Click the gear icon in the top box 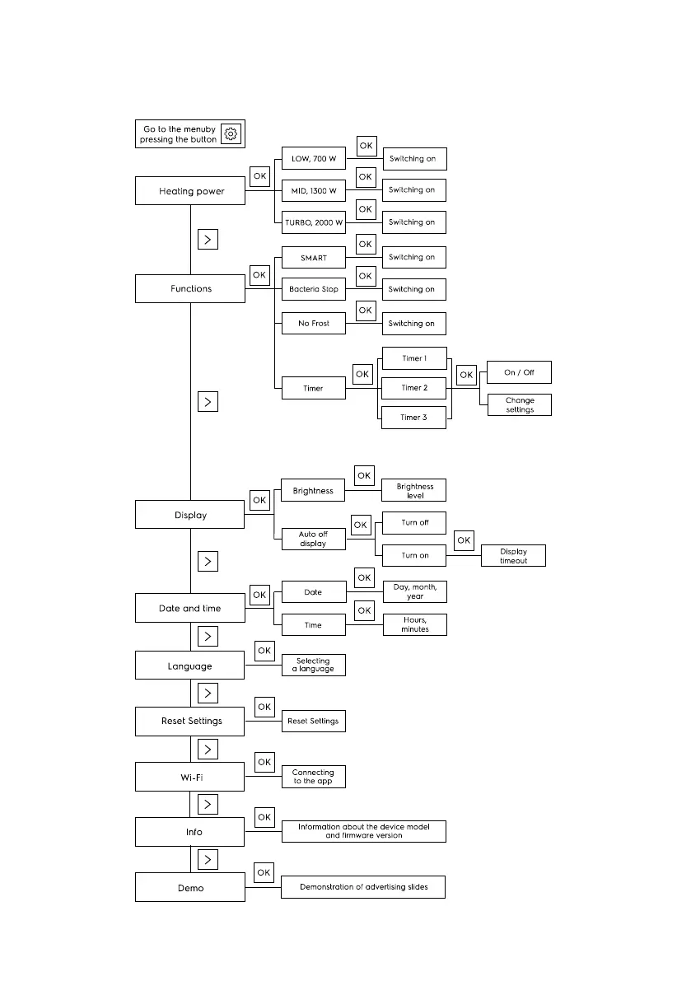click(x=231, y=134)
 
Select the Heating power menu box click(x=190, y=191)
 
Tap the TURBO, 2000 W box click(x=313, y=222)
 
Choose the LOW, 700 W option click(x=313, y=158)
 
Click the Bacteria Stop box click(x=313, y=290)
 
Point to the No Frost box click(x=313, y=324)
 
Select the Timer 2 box click(x=414, y=388)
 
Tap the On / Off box click(x=519, y=372)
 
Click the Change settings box click(x=519, y=405)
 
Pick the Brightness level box click(x=414, y=490)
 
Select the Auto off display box click(x=313, y=539)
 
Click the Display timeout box click(x=512, y=555)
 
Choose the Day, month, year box click(x=414, y=592)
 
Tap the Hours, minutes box click(x=414, y=625)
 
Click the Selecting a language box click(x=313, y=665)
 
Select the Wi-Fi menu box click(x=190, y=777)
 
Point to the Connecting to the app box click(x=313, y=777)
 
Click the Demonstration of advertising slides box click(x=362, y=887)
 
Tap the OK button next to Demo click(x=264, y=872)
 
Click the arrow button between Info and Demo click(x=208, y=860)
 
